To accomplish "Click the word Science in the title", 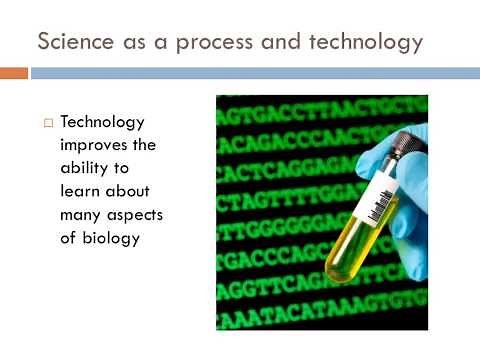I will coord(72,43).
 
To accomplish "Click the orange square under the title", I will coord(13,74).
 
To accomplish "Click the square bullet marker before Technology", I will coord(46,123).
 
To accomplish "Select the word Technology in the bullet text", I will coord(102,122).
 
